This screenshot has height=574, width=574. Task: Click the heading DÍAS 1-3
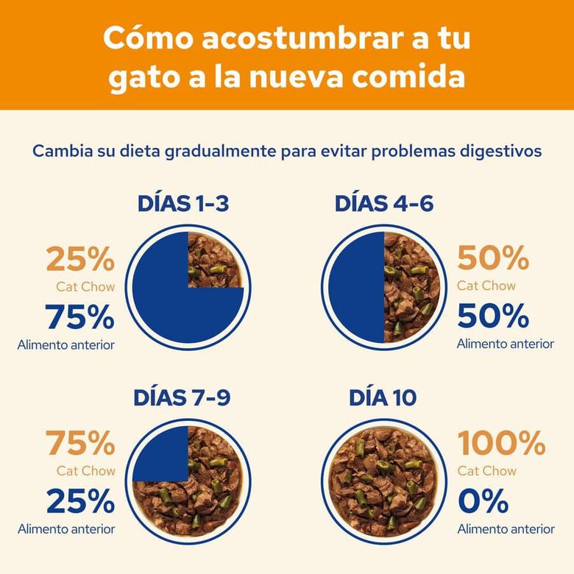pos(183,204)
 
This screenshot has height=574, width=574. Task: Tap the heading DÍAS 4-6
pos(383,204)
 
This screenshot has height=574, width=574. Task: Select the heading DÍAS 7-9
pos(182,397)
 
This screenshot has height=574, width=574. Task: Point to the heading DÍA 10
pos(383,397)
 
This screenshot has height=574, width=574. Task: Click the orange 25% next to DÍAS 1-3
pos(80,259)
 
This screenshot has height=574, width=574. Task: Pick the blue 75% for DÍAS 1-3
pos(80,317)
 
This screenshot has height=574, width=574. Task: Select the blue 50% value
pos(493,316)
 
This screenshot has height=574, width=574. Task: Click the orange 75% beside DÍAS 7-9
pos(80,444)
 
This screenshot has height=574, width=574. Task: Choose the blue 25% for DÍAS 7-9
pos(80,502)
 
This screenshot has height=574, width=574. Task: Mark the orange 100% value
pos(502,444)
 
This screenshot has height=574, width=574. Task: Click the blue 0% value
pos(483,502)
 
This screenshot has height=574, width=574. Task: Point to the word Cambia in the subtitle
pos(60,151)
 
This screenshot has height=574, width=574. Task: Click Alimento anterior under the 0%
pos(506,528)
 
